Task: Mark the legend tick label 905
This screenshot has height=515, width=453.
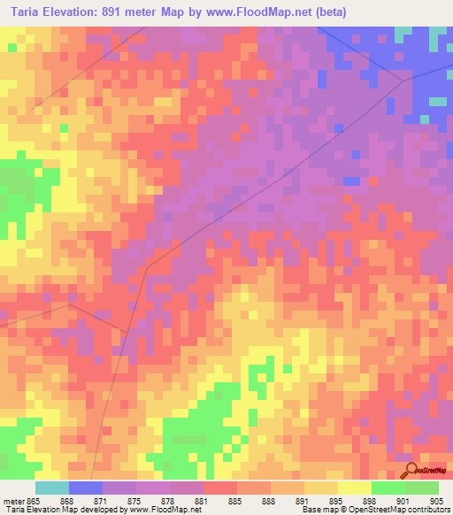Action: tap(438, 500)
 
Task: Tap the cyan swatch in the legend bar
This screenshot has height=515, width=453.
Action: tap(51, 488)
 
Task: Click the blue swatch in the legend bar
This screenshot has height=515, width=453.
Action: tap(85, 488)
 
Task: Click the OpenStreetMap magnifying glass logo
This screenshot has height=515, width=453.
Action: tap(411, 469)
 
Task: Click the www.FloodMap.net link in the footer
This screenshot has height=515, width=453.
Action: tap(164, 510)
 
